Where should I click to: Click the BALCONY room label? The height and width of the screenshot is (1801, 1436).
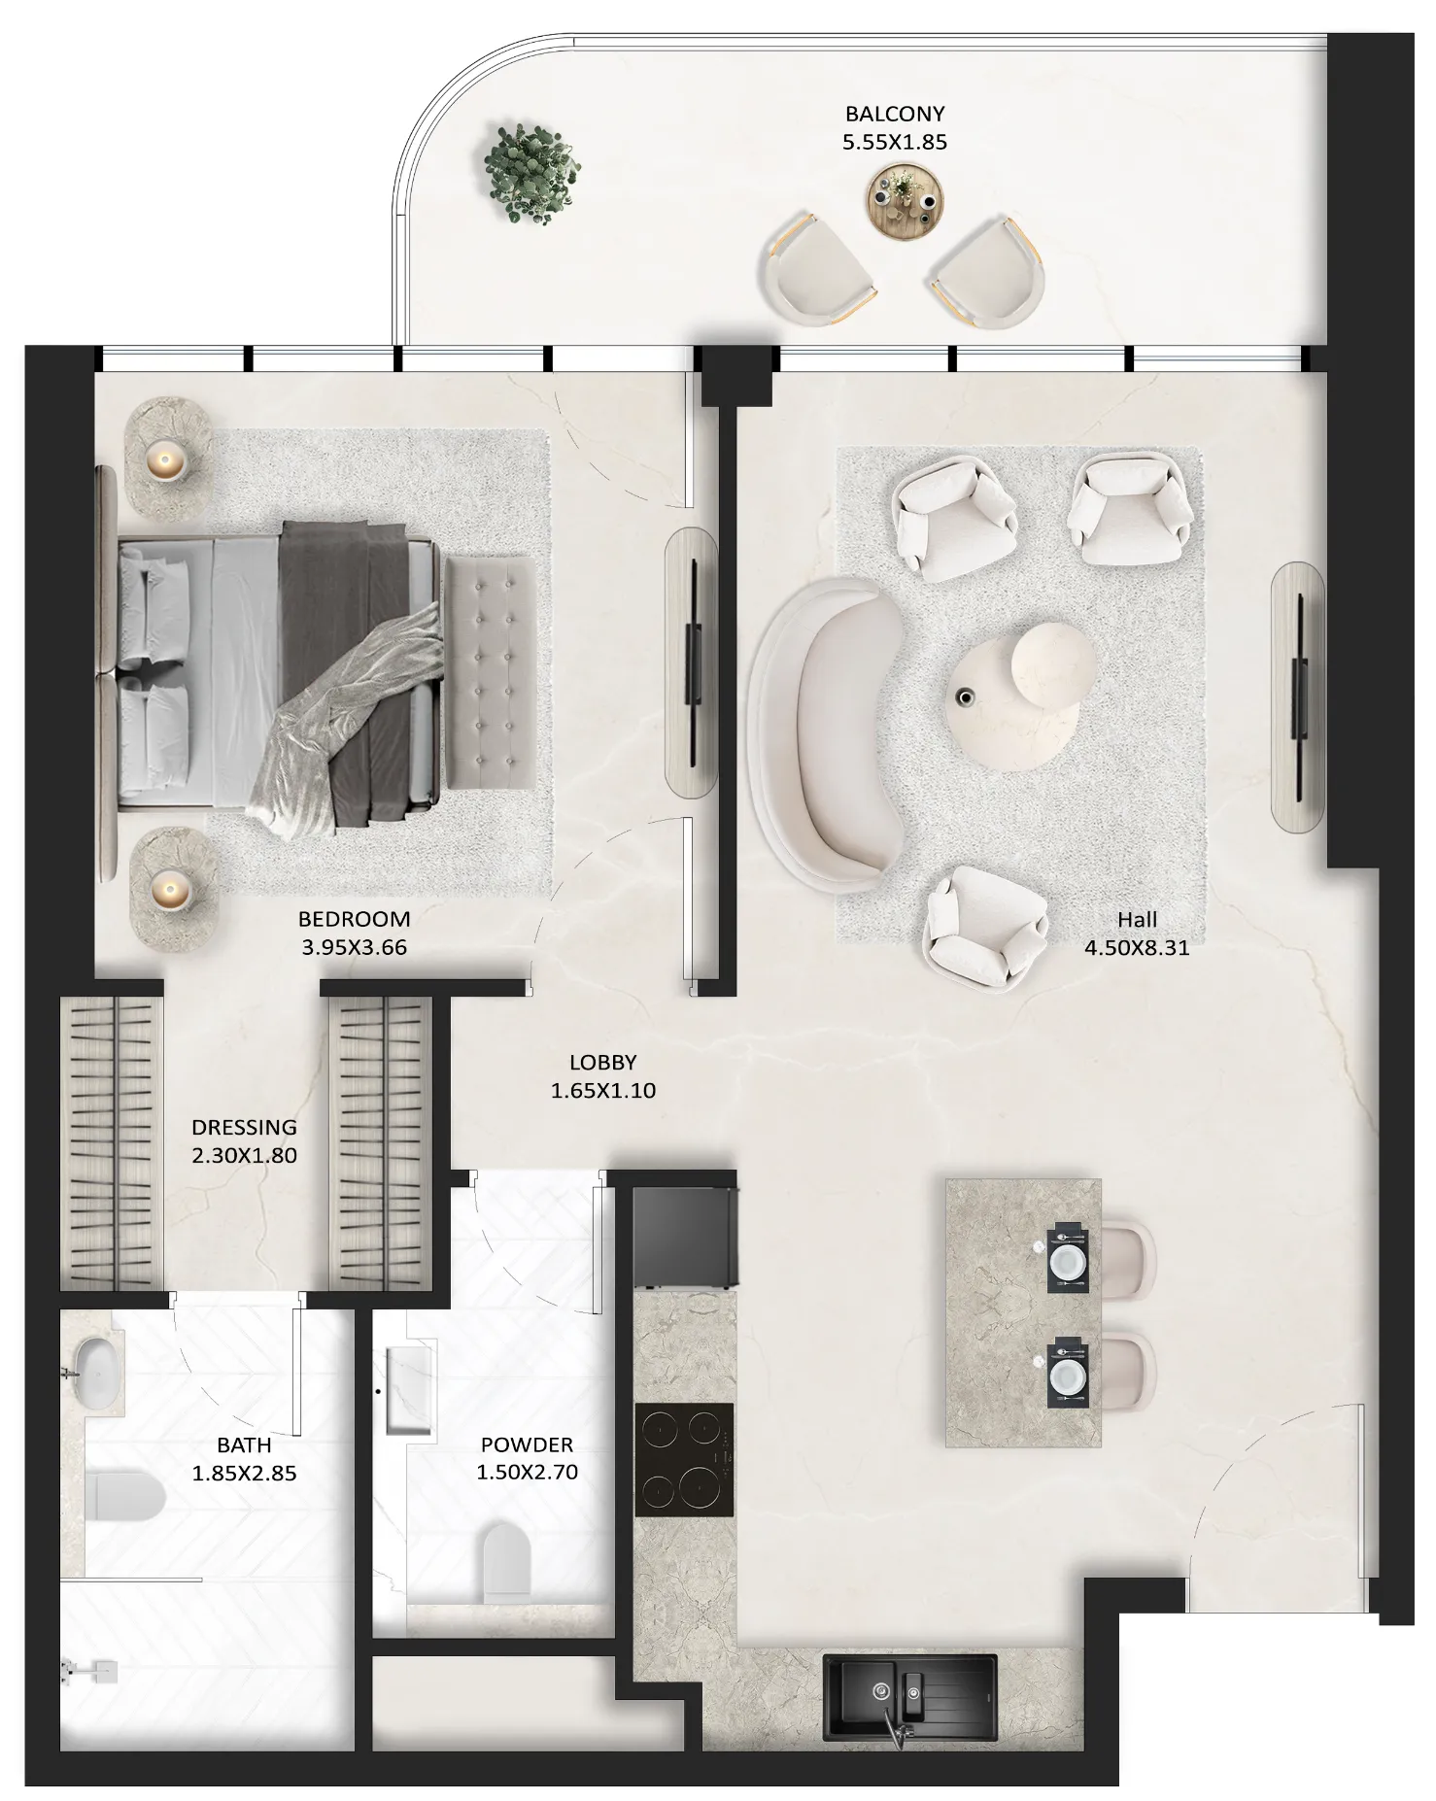click(894, 114)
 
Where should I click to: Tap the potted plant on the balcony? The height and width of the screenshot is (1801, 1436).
click(531, 173)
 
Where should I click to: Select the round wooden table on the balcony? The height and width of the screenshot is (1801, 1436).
click(905, 201)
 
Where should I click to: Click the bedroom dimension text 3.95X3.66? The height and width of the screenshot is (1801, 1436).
click(354, 947)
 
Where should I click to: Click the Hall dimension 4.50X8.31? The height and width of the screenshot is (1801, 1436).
click(1137, 947)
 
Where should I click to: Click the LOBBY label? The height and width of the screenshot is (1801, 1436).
click(602, 1063)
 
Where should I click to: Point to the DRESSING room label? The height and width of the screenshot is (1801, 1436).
click(244, 1127)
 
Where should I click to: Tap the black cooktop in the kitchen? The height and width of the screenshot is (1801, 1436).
click(684, 1459)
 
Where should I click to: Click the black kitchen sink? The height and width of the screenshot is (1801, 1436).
click(909, 1697)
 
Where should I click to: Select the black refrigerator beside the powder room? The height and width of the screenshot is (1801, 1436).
click(684, 1238)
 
